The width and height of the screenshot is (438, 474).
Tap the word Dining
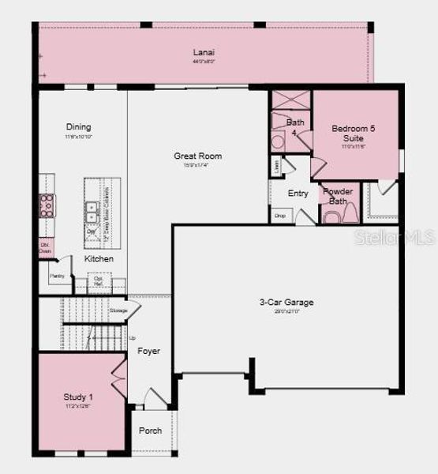click(78, 127)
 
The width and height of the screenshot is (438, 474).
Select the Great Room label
click(197, 156)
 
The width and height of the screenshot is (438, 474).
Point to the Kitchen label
click(99, 259)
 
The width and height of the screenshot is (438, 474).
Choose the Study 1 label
click(78, 397)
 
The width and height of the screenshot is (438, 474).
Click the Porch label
click(150, 431)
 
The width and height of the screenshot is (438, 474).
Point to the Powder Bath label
click(338, 196)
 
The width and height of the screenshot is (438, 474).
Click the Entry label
click(298, 194)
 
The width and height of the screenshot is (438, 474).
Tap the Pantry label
click(57, 276)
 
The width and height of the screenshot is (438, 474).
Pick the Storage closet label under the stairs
click(118, 310)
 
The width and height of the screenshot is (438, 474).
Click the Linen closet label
click(276, 166)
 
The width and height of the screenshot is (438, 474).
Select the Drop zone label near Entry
click(279, 215)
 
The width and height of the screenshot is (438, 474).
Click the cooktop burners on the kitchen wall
click(47, 205)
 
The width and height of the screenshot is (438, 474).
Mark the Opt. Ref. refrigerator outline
click(99, 282)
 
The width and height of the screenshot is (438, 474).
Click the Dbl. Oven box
click(47, 247)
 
